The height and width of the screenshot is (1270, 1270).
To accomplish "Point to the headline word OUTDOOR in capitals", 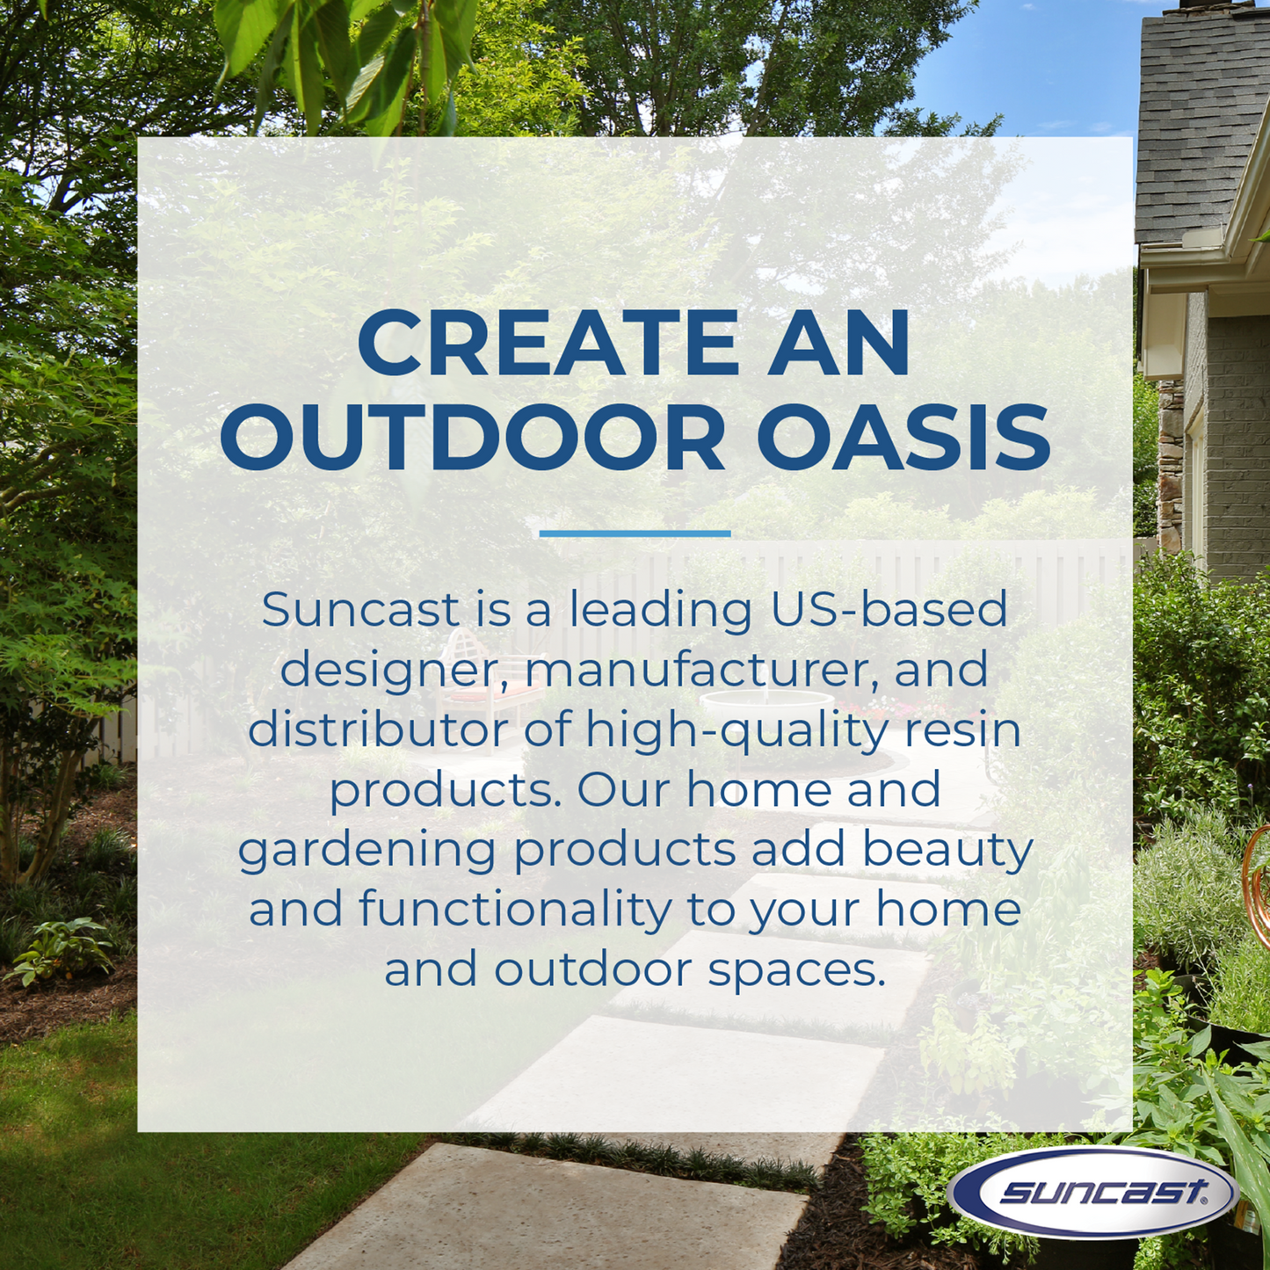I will point(473,438).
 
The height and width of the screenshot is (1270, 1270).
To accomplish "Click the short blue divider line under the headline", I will point(635,533).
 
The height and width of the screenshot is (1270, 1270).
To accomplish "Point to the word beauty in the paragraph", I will point(947,851).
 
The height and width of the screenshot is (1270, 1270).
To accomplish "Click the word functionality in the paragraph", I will point(516,910).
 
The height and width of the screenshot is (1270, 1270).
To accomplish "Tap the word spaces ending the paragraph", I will point(795,970).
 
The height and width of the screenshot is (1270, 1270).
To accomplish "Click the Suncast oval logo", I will point(1093,1192).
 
